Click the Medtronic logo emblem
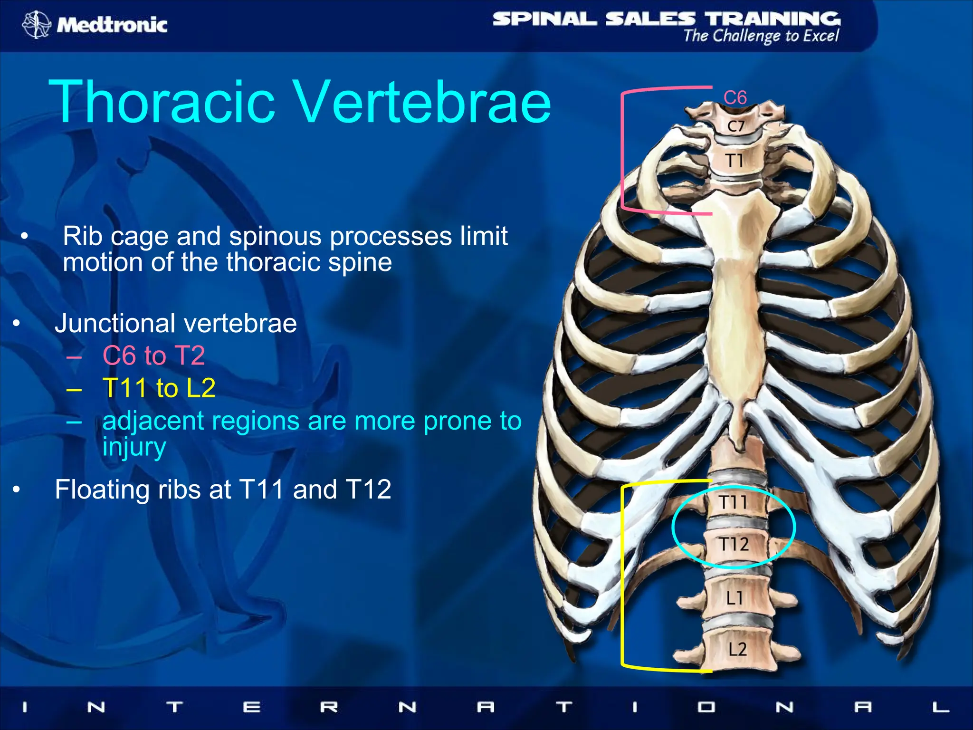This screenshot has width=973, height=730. (36, 24)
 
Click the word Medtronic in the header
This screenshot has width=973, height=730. (112, 25)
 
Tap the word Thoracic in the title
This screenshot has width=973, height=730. (162, 102)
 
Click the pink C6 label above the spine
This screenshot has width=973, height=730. (735, 98)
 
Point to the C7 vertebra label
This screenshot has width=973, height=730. (735, 126)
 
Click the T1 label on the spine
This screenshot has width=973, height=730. (735, 161)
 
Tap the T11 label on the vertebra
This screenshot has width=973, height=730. (733, 502)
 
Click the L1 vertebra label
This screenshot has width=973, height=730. (735, 598)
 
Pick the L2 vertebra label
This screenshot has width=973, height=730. (737, 649)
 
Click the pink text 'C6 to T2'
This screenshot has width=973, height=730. (153, 355)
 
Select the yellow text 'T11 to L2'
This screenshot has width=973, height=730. (159, 388)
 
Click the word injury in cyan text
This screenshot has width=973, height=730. (134, 448)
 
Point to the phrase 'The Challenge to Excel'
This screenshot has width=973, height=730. (761, 36)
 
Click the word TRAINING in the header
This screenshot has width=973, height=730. (773, 19)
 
